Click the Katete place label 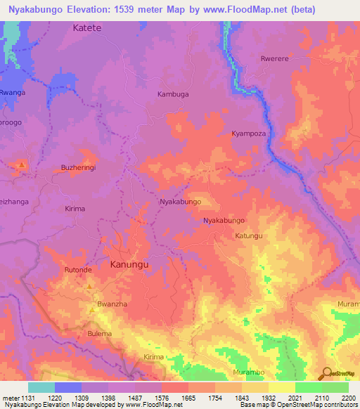87,28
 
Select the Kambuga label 174,93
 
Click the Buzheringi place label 78,169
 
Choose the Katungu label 249,235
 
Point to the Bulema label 100,333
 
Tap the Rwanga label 12,93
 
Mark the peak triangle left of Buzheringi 22,166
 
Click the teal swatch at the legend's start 41,387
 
